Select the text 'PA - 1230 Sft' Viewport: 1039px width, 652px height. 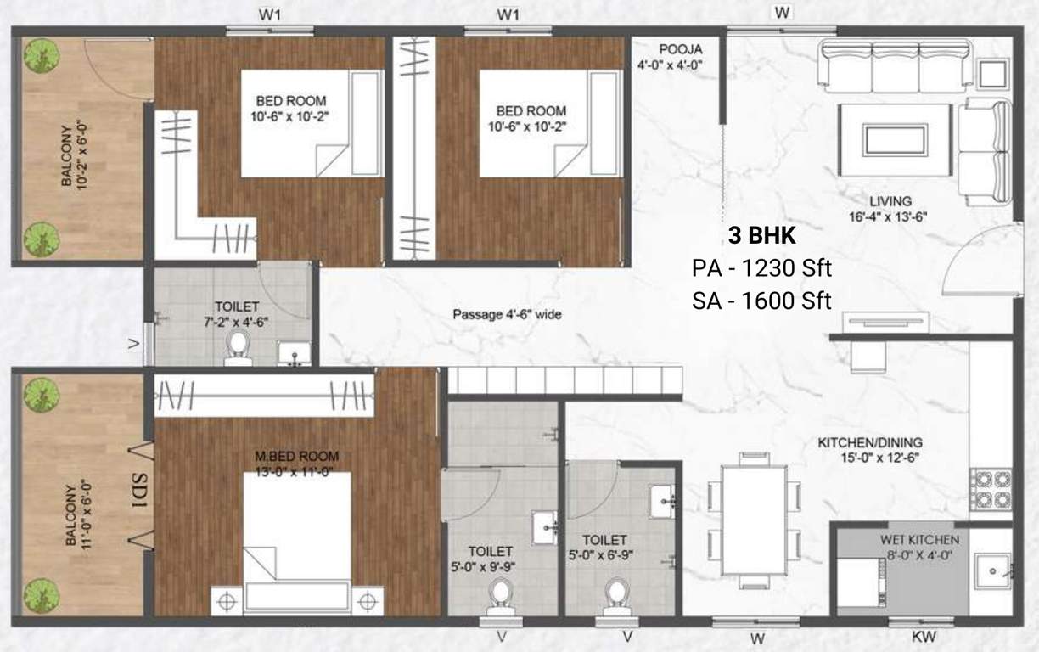pos(761,269)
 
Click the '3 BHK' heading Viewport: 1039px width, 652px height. pos(761,235)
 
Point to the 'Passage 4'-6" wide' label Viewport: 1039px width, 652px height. pos(506,315)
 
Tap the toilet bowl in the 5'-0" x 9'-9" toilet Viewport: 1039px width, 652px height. pos(502,593)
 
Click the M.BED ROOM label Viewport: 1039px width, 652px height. pos(297,457)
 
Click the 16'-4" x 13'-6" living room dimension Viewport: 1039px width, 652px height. pos(890,216)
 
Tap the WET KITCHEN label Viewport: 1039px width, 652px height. pos(920,539)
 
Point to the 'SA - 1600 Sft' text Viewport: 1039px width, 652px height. pos(761,301)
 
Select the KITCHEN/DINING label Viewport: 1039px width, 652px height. pos(869,443)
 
